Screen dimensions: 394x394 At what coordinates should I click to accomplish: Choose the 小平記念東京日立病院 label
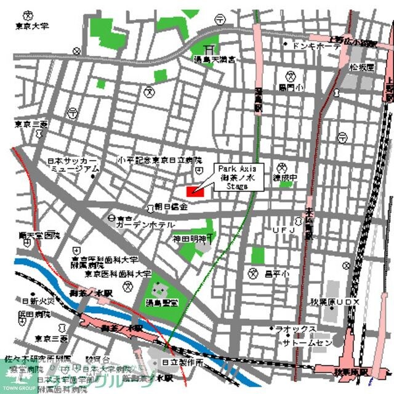pyautogui.click(x=160, y=160)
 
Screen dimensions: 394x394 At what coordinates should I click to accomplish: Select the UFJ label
pyautogui.click(x=284, y=230)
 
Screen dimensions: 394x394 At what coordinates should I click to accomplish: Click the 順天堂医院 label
pyautogui.click(x=39, y=235)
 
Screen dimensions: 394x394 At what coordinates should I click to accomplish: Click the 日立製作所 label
pyautogui.click(x=183, y=364)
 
